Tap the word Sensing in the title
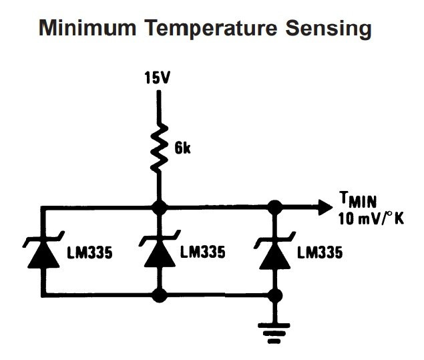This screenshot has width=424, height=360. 335,28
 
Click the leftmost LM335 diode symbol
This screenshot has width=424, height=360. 42,254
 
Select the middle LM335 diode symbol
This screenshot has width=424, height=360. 158,254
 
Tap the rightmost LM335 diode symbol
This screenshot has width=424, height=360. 274,254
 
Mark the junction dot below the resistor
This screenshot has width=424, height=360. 158,206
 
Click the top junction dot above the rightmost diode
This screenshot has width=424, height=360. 274,206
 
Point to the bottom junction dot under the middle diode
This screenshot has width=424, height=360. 158,295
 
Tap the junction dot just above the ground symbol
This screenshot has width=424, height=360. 274,295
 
